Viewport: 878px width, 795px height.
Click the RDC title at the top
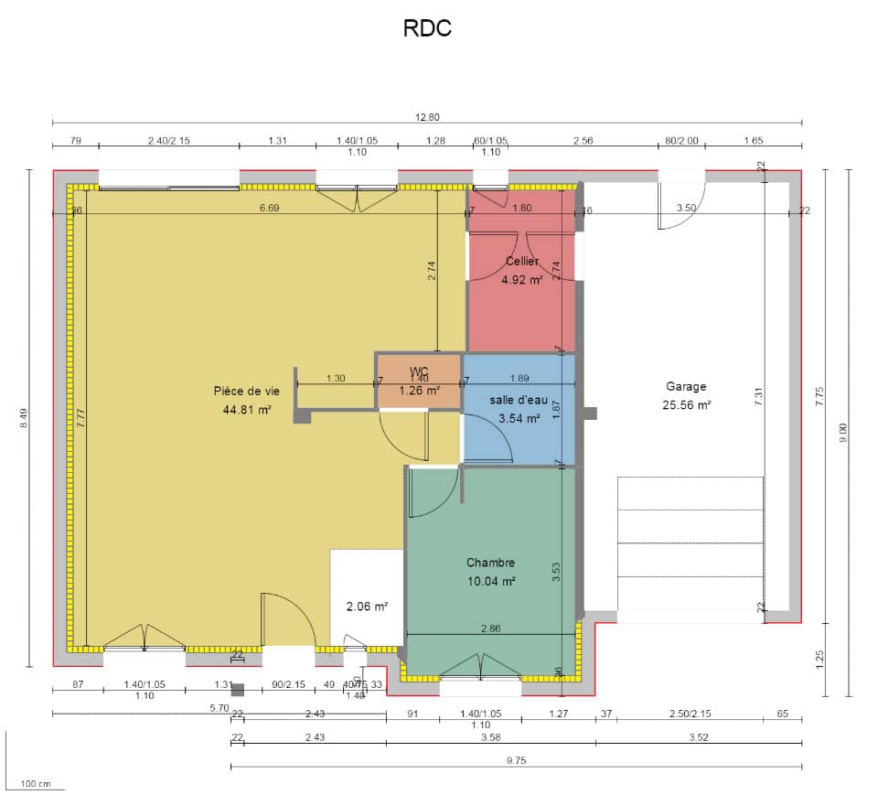click(x=427, y=29)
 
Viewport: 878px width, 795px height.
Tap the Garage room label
click(x=686, y=387)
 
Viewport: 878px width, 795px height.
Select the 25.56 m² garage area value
click(x=686, y=403)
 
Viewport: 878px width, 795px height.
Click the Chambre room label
click(x=490, y=563)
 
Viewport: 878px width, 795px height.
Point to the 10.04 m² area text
click(x=490, y=580)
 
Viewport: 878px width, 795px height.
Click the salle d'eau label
click(x=519, y=401)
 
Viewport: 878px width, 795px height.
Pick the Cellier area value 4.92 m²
click(x=522, y=279)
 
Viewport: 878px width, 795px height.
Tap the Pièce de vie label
click(x=246, y=392)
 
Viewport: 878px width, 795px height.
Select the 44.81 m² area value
click(x=247, y=410)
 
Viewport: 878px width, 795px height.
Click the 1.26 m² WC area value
click(x=419, y=389)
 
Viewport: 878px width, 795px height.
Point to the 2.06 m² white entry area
click(x=367, y=606)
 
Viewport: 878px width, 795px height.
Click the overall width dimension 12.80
click(x=427, y=116)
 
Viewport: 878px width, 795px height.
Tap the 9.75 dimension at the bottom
click(x=516, y=760)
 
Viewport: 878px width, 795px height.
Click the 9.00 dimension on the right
click(x=843, y=432)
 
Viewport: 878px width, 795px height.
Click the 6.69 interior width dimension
click(x=269, y=209)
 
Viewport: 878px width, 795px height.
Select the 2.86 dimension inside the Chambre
click(x=491, y=628)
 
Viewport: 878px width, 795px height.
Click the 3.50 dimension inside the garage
click(x=686, y=209)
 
